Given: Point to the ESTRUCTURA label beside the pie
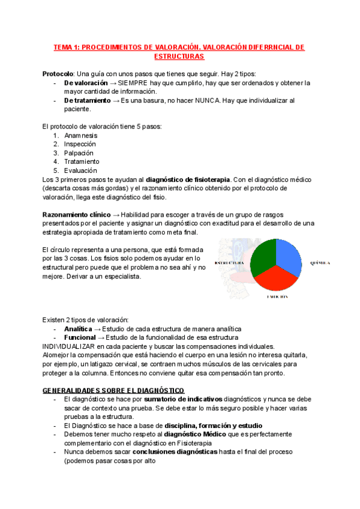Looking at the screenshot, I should tap(227, 263).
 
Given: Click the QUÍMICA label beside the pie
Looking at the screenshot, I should tap(320, 263).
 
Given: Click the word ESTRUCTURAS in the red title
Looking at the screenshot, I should tap(179, 56).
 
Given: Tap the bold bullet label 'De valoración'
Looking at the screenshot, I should tap(86, 83).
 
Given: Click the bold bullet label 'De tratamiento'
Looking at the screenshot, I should tap(87, 101).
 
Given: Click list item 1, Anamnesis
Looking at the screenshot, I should tap(80, 136).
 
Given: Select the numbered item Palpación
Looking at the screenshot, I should tap(78, 153).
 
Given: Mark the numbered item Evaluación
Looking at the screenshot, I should tap(79, 170).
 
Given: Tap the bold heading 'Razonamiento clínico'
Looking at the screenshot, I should tap(77, 215).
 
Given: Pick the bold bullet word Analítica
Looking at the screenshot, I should tap(78, 329).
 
